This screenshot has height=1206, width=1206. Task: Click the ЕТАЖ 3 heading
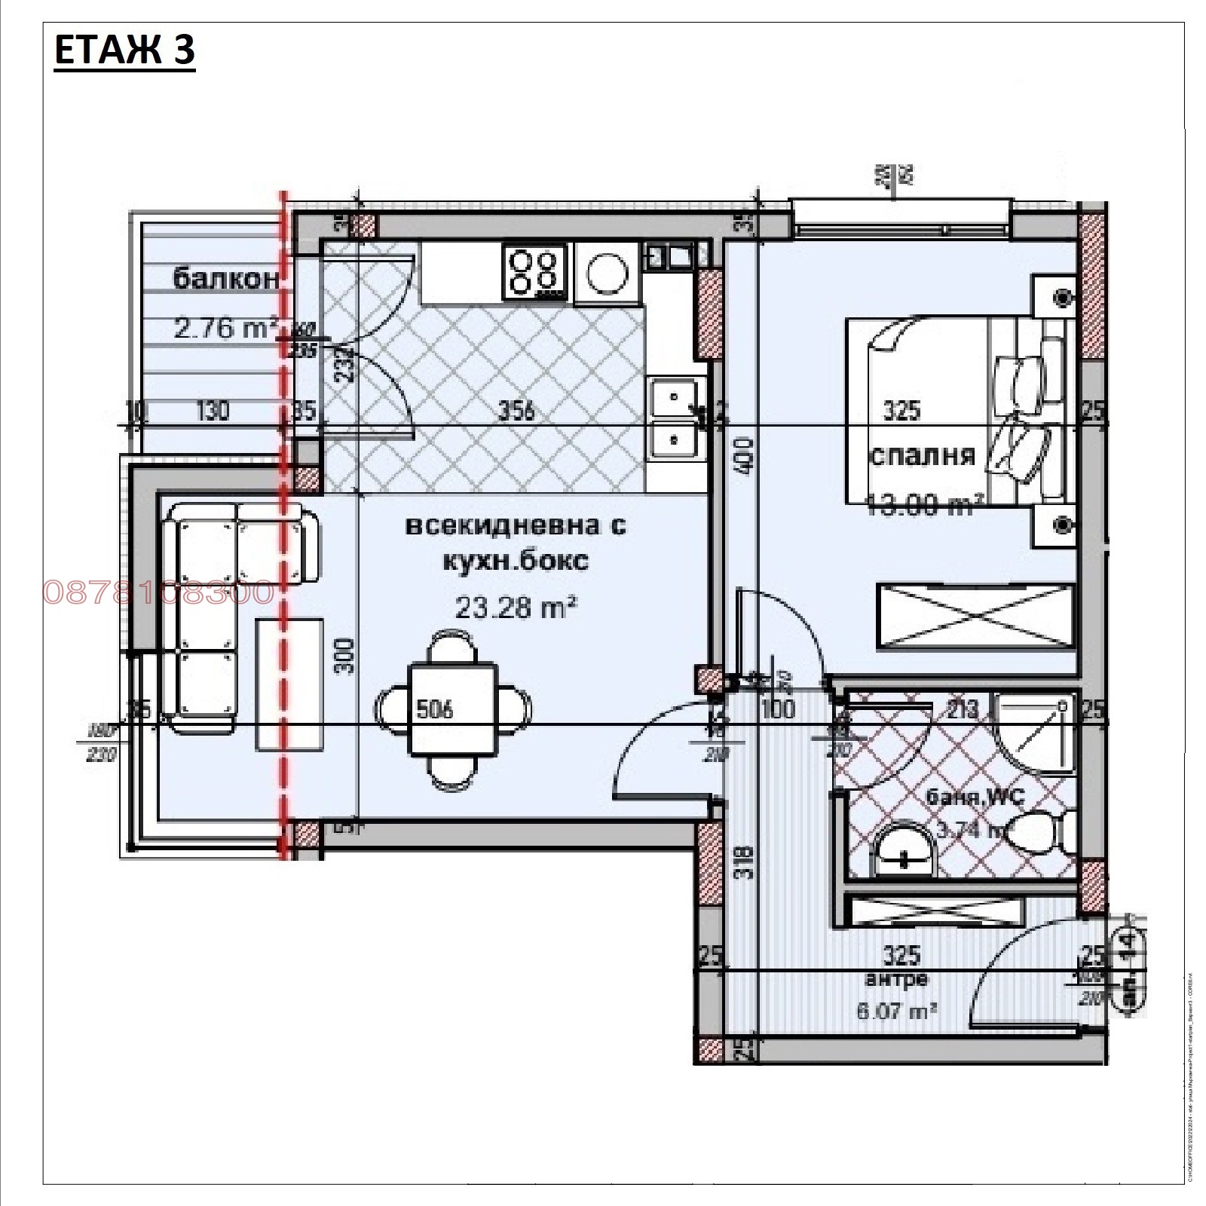124,51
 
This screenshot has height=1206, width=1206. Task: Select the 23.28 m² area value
516,607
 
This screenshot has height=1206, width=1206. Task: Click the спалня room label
922,455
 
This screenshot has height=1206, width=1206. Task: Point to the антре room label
896,979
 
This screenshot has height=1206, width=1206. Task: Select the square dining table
452,709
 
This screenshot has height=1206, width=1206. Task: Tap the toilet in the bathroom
1044,833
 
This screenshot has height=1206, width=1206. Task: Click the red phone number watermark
158,592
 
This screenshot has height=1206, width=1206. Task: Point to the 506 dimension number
435,709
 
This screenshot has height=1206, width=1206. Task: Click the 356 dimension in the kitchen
517,410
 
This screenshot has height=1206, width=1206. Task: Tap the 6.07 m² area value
896,1011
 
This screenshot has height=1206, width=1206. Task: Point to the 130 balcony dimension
213,411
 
